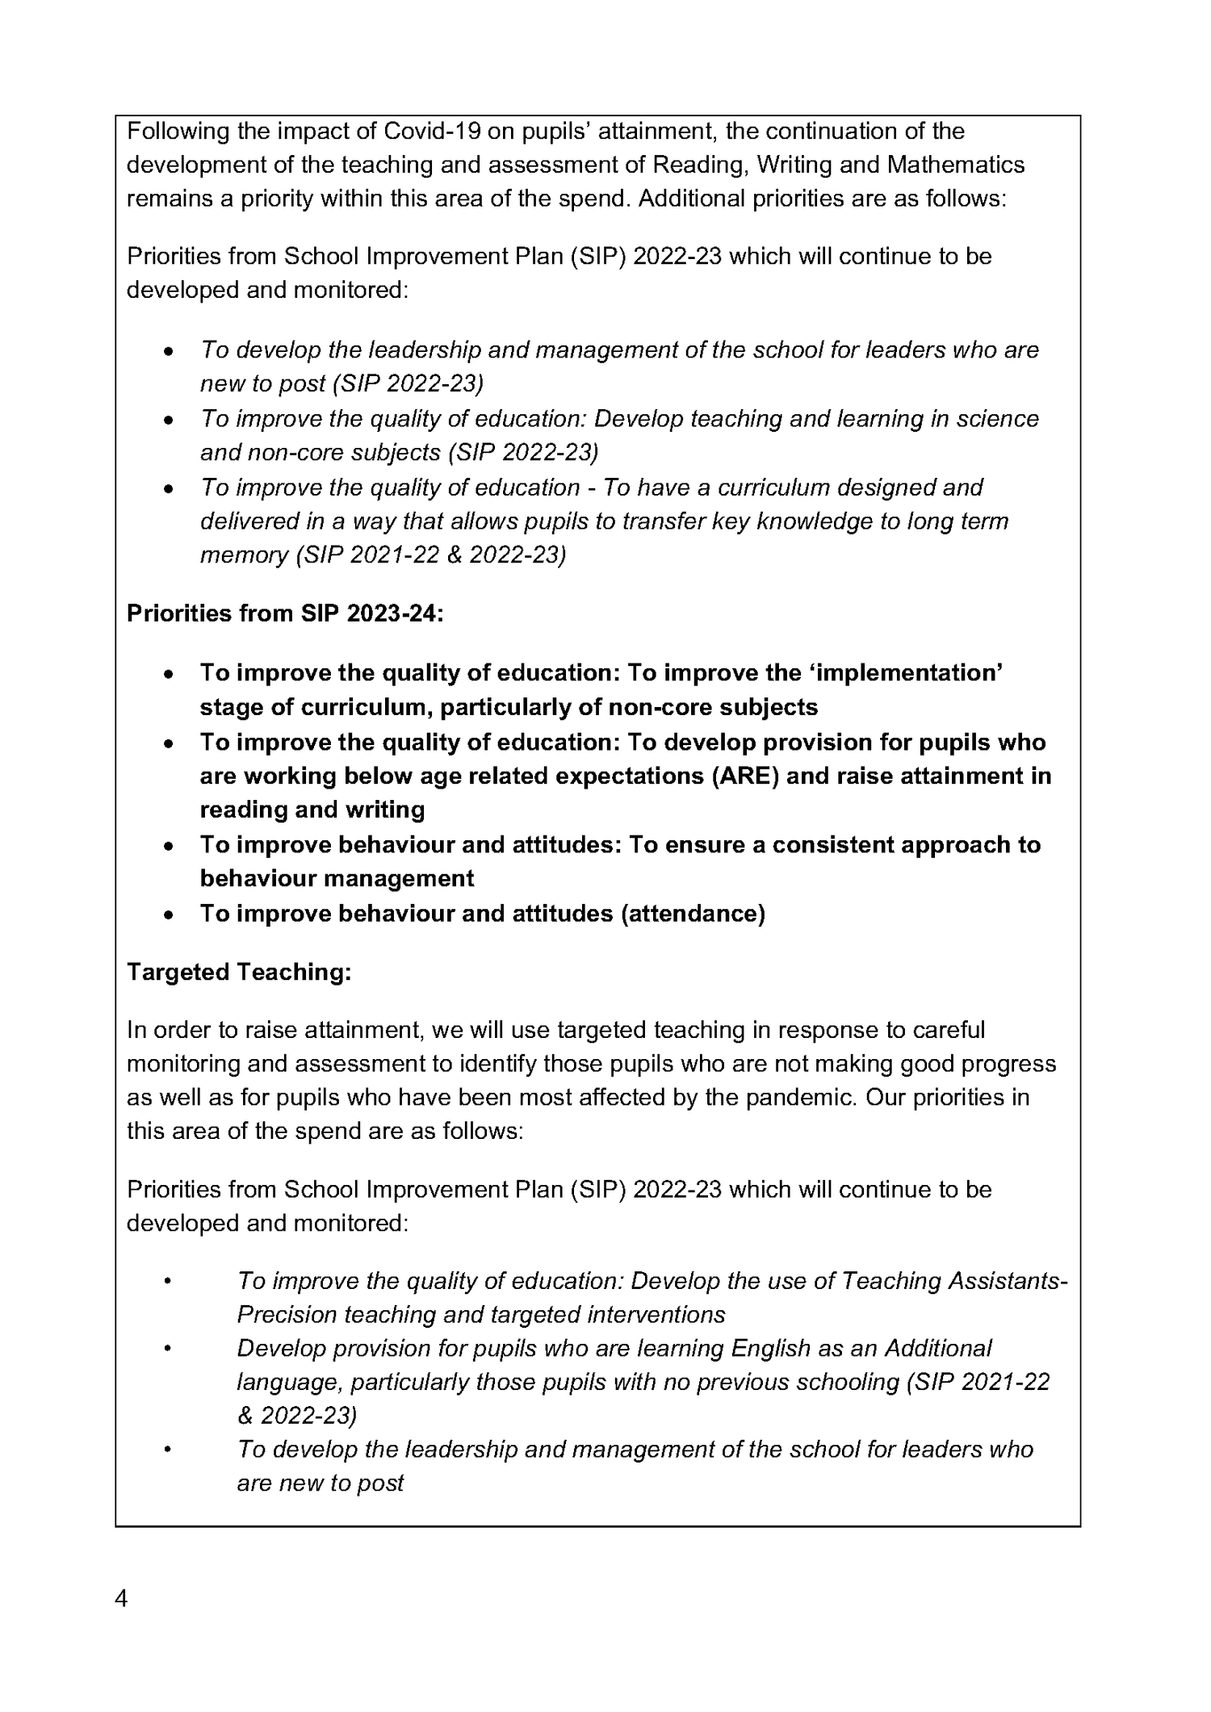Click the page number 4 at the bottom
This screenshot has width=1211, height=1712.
121,1599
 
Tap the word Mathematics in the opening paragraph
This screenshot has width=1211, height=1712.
956,165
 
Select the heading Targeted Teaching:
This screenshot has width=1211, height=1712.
239,972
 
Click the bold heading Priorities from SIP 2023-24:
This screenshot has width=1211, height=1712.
285,613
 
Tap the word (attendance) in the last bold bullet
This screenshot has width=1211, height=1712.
693,914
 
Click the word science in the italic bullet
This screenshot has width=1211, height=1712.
998,419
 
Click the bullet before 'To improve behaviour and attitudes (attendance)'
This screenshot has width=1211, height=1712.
168,915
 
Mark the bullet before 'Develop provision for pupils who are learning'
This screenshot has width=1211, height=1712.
168,1349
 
